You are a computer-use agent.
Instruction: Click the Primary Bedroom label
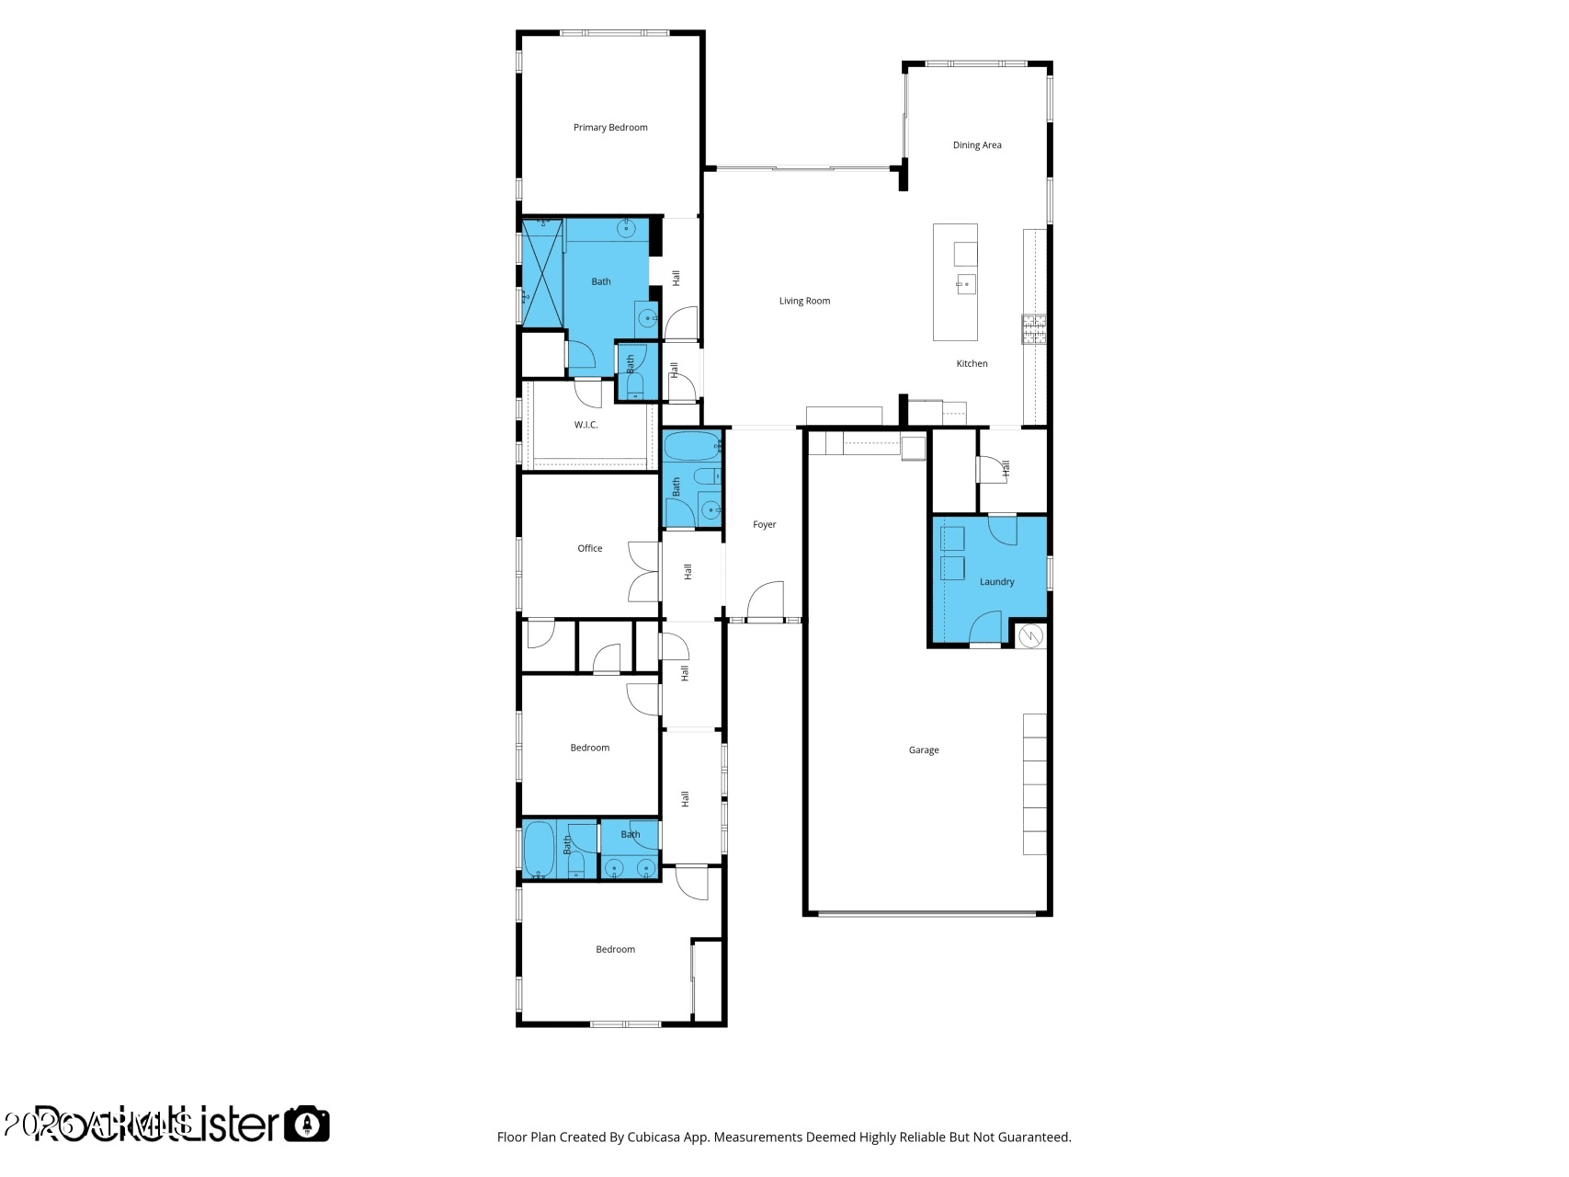pos(610,128)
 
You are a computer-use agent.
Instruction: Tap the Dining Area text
pos(977,145)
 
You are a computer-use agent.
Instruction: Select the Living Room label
pos(804,301)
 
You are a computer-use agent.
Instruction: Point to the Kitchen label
pos(972,364)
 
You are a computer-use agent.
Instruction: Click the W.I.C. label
pos(586,425)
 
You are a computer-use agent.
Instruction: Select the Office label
pos(589,548)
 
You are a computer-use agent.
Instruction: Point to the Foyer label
pos(764,525)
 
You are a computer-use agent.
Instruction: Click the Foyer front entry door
pos(765,602)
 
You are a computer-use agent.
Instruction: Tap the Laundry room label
pos(996,582)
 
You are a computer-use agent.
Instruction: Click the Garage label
pos(924,750)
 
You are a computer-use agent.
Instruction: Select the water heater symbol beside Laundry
pos(1031,635)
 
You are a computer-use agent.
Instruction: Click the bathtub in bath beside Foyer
pos(692,448)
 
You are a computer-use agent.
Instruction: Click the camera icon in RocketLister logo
pos(306,1124)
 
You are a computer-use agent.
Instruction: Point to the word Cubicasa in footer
pos(653,1137)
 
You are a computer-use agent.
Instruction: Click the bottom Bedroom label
pos(615,950)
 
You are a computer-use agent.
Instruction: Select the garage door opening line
pos(927,913)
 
